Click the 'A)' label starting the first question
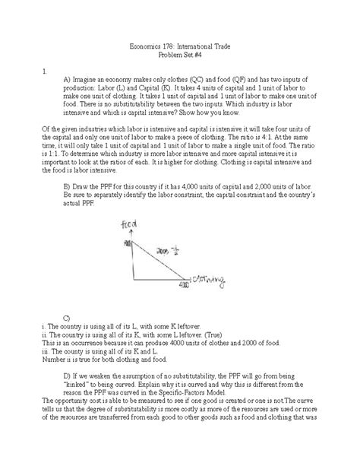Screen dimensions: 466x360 click(68, 79)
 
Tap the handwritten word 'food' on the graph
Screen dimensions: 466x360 click(128, 225)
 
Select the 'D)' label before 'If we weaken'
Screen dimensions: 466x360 click(68, 376)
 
